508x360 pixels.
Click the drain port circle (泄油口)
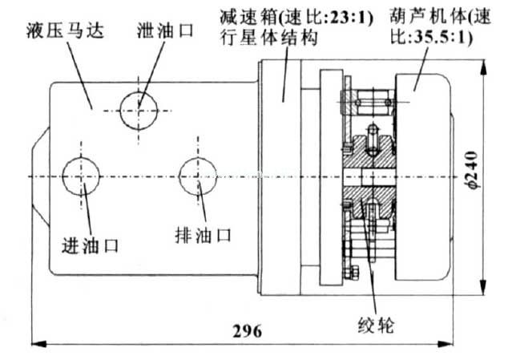139,108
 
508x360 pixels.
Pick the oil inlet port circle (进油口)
82,176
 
